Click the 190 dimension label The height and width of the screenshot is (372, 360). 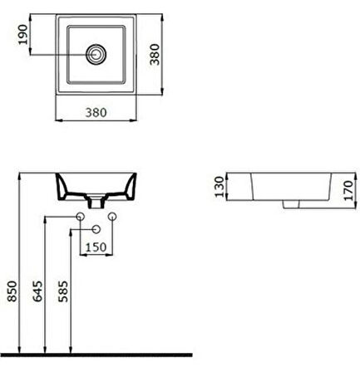pos(23,34)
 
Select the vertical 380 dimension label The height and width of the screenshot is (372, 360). pos(155,54)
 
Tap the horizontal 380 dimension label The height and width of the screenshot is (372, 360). pos(96,112)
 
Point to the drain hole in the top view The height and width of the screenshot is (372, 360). pos(96,54)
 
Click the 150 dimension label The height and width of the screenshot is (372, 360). pos(96,247)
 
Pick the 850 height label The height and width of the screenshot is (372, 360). pos(12,291)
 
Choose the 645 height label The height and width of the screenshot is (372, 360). pos(37,291)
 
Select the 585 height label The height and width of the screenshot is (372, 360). pos(63,291)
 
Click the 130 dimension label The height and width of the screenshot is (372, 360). pos(219,186)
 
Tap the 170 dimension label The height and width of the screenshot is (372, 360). pos(348,190)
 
